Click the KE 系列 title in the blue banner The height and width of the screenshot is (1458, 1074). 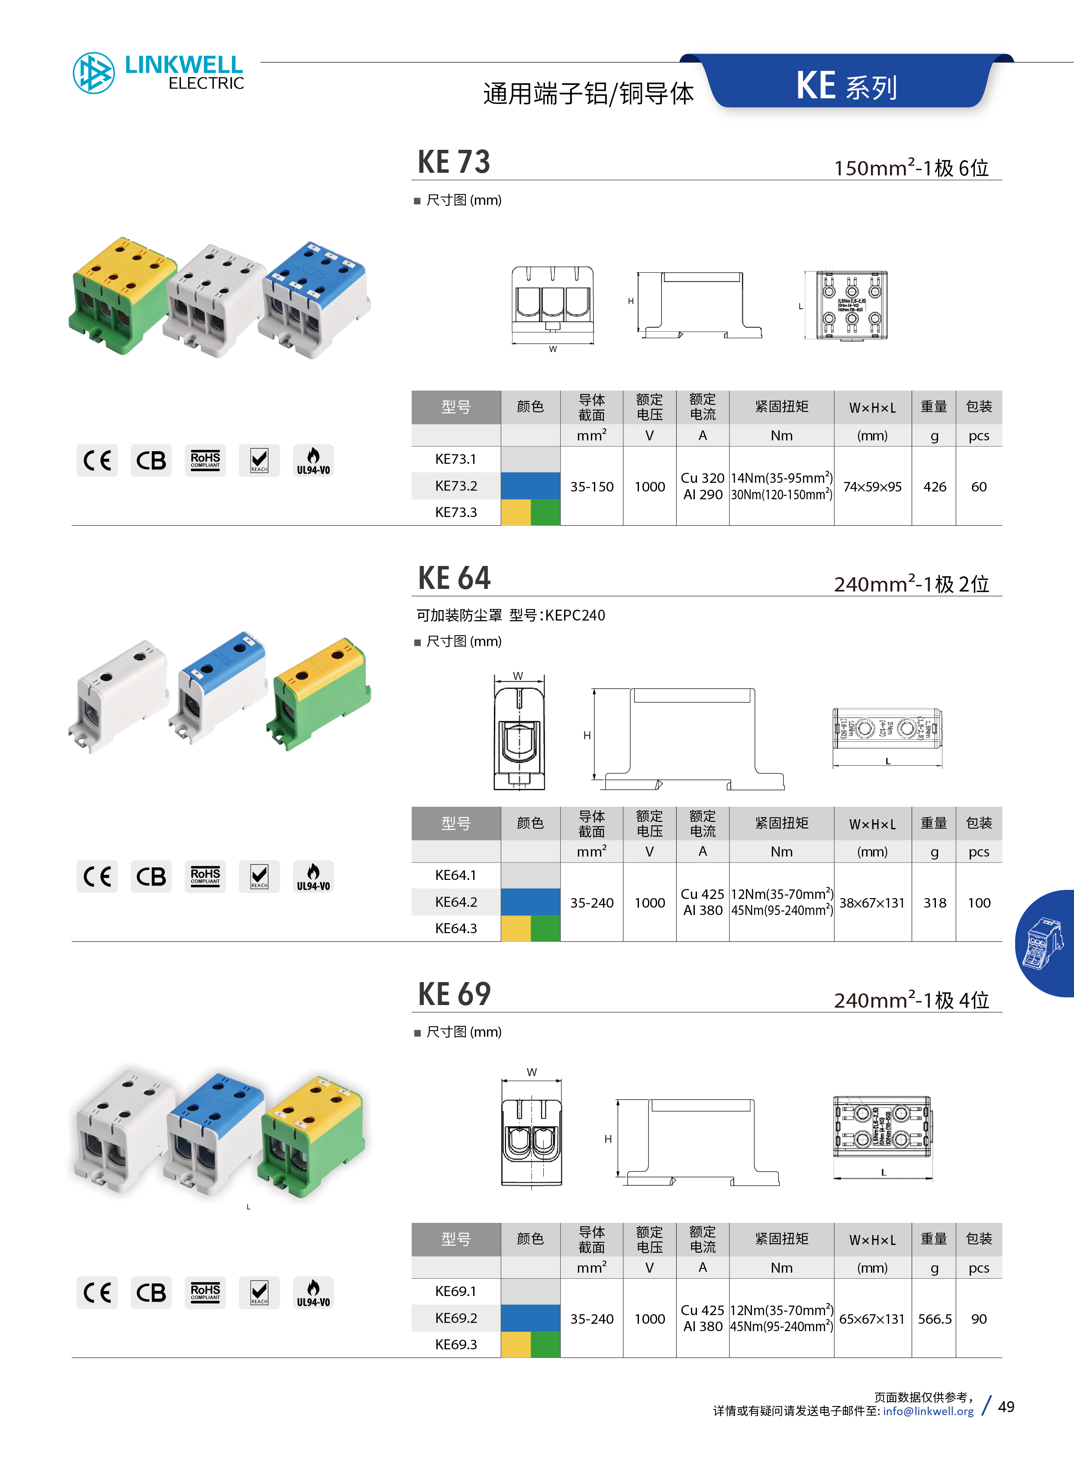(x=846, y=87)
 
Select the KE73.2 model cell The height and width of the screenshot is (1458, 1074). (x=456, y=486)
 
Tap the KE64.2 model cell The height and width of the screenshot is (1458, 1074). (x=456, y=902)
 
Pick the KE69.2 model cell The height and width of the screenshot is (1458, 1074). (x=456, y=1318)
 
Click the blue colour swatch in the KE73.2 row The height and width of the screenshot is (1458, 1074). (x=530, y=486)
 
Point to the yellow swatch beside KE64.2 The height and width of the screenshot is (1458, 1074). (x=516, y=929)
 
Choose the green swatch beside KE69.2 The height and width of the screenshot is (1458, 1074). (x=545, y=1345)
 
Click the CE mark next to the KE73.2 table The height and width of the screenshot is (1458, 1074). (x=97, y=461)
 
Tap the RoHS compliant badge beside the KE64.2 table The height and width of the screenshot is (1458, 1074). (x=206, y=877)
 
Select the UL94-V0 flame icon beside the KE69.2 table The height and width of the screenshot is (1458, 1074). (x=313, y=1293)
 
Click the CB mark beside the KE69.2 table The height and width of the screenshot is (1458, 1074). (x=151, y=1293)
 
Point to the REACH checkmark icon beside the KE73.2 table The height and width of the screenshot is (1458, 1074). (x=259, y=461)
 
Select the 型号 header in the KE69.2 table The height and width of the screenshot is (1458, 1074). (x=456, y=1239)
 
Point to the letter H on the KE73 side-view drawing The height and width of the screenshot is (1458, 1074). (x=631, y=301)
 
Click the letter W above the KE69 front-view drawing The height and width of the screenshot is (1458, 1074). (x=532, y=1072)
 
